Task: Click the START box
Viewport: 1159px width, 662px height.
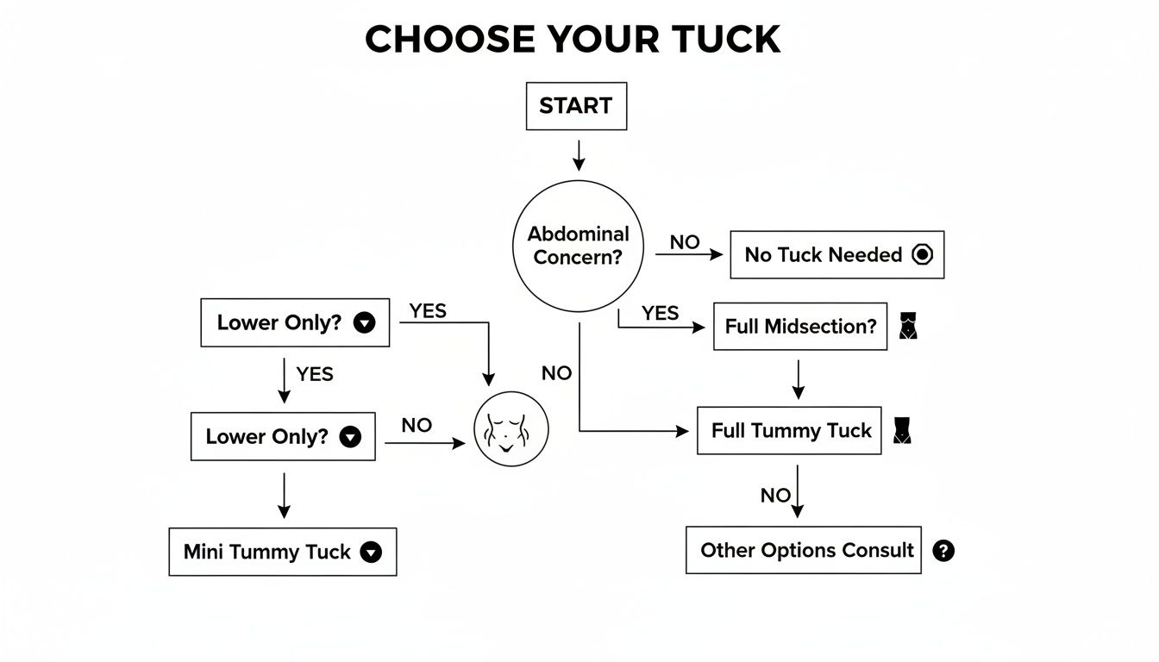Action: point(576,106)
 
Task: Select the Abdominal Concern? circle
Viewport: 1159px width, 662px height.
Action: point(578,246)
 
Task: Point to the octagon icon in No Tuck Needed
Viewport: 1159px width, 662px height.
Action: point(922,254)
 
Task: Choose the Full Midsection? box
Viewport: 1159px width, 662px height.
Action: point(799,326)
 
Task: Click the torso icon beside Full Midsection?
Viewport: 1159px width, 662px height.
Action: point(909,326)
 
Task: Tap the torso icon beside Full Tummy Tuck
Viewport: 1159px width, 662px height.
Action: point(902,430)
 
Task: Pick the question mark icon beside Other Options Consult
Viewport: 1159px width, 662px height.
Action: point(943,551)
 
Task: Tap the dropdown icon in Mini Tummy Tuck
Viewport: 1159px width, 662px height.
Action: point(371,553)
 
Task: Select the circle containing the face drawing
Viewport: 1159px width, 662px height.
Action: point(511,428)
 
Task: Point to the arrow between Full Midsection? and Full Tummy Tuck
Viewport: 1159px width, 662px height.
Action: point(798,378)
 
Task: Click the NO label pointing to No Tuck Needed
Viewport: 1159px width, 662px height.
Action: point(685,242)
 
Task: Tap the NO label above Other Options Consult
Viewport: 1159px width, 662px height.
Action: point(775,495)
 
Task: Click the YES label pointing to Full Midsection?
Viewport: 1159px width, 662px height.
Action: point(661,313)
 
